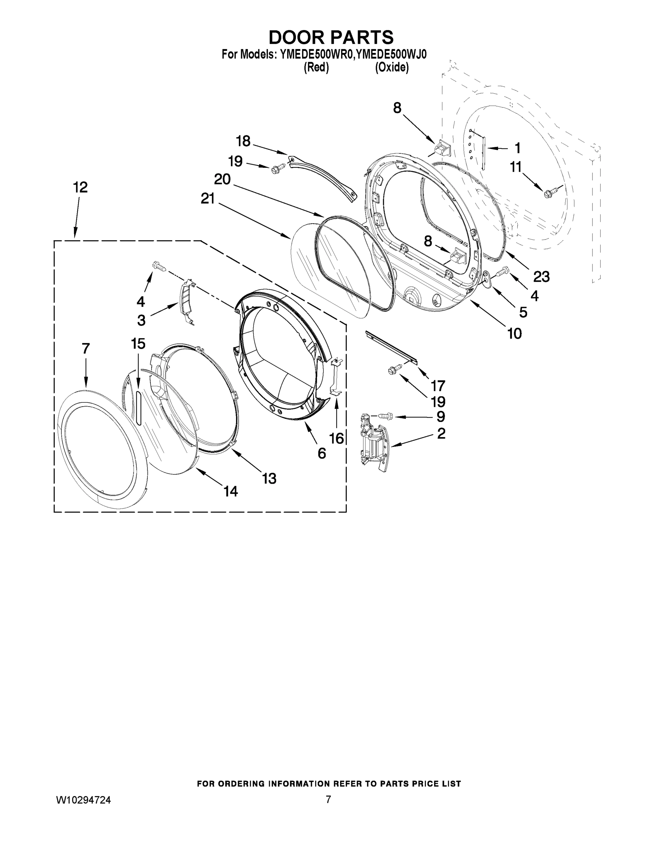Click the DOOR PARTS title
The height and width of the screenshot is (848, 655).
click(x=331, y=37)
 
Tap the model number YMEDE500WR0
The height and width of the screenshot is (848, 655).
click(x=316, y=54)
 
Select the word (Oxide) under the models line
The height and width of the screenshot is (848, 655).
click(x=392, y=67)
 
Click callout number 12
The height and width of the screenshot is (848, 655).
click(x=80, y=188)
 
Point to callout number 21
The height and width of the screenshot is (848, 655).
click(x=208, y=199)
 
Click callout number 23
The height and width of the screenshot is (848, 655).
click(x=541, y=277)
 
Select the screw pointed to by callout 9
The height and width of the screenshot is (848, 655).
click(x=385, y=416)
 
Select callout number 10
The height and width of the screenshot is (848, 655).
click(x=514, y=333)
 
